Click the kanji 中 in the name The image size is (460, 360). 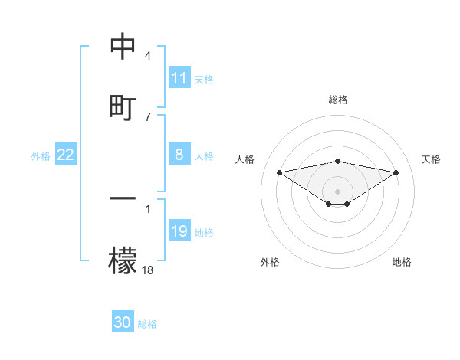tap(123, 46)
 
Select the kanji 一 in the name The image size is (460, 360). tap(123, 198)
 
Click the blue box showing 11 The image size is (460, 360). tap(179, 78)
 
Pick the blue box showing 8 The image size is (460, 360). tap(179, 155)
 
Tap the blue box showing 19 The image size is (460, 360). tap(179, 231)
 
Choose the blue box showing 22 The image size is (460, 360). tap(66, 155)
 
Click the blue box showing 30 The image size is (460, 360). tap(123, 322)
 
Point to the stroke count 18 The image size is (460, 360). tap(148, 270)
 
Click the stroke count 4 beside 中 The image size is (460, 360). tap(148, 56)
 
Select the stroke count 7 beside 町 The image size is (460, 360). tap(148, 116)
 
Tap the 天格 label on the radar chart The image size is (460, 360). tap(431, 159)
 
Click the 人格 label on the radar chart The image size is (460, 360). tap(245, 159)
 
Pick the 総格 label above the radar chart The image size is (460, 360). tap(338, 100)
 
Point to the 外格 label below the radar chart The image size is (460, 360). tap(270, 262)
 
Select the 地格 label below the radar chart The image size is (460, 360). tap(402, 262)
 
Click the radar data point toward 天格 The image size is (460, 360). tap(396, 172)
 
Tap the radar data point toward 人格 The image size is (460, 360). tap(279, 172)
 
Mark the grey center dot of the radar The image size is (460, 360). tap(338, 191)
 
